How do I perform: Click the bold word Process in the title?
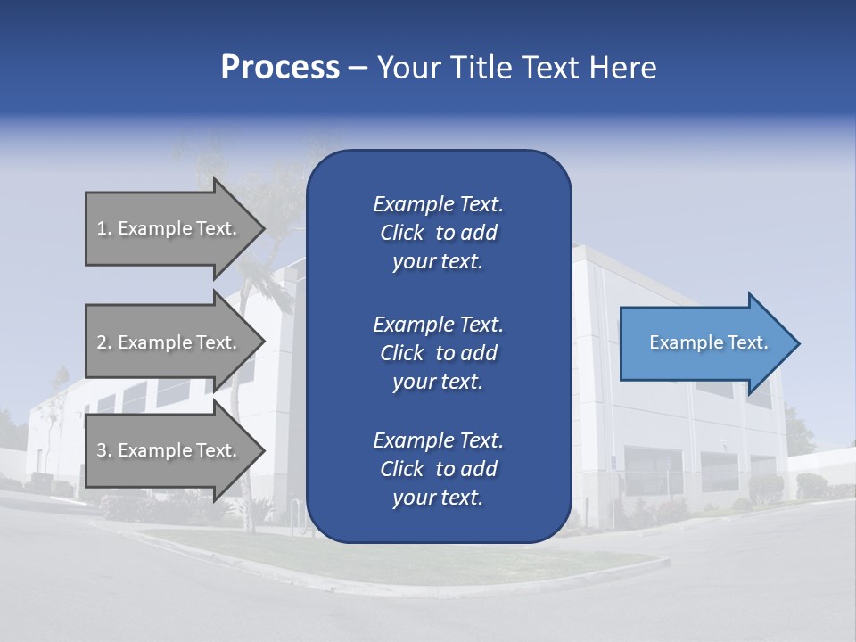[280, 68]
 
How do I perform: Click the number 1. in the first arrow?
[104, 228]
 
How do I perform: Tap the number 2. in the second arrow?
[104, 342]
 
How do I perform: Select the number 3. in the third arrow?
[104, 450]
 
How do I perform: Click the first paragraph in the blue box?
[438, 233]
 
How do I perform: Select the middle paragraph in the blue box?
[438, 353]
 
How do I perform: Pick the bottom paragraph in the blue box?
[438, 469]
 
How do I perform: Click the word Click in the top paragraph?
[401, 233]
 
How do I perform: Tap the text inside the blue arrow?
[708, 342]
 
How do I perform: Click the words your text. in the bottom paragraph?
[438, 498]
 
